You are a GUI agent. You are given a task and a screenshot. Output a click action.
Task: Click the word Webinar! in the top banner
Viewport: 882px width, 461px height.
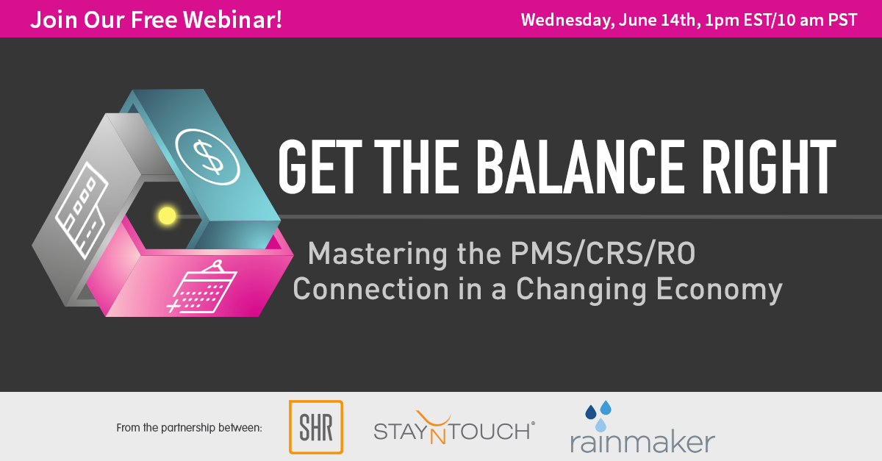[233, 19]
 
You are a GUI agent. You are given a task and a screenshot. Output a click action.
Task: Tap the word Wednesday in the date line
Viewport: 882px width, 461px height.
[567, 21]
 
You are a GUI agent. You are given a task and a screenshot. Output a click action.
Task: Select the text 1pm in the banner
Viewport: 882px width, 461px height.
[722, 21]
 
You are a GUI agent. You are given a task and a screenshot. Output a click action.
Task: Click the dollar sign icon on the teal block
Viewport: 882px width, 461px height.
[207, 157]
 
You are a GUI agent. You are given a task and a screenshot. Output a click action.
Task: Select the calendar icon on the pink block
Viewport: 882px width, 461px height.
[202, 287]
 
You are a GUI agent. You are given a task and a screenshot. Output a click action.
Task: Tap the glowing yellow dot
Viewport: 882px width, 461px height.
[167, 215]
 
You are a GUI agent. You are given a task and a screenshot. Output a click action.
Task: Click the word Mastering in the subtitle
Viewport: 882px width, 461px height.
[377, 255]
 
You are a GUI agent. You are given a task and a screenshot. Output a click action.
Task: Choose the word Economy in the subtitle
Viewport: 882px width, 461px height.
[719, 290]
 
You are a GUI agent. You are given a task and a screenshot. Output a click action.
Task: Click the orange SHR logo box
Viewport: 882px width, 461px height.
[316, 427]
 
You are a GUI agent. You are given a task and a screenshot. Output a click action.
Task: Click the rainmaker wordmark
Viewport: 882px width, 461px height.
[642, 442]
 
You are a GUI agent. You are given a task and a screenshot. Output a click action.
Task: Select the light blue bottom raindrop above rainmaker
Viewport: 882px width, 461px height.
[600, 425]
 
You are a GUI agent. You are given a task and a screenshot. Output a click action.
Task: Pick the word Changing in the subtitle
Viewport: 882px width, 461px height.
[581, 290]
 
